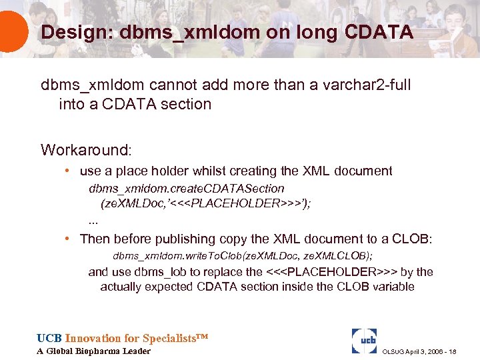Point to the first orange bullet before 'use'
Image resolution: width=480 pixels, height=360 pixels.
(69, 171)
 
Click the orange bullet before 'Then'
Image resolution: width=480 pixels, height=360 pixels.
(69, 238)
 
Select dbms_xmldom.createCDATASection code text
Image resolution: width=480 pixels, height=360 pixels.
(187, 189)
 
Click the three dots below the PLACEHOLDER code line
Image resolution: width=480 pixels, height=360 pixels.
(93, 220)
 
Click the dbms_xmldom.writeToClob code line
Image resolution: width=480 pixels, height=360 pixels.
(243, 256)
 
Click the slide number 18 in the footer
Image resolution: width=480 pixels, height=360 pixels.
(452, 352)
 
